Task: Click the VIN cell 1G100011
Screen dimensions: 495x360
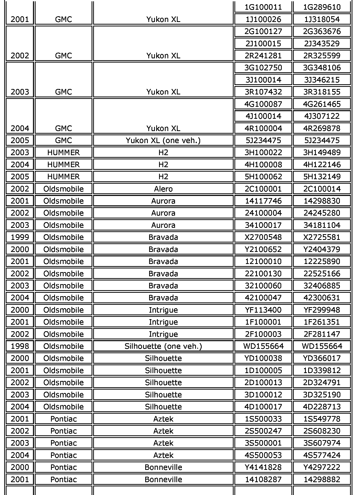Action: click(263, 7)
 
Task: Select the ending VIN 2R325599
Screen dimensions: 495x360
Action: click(322, 55)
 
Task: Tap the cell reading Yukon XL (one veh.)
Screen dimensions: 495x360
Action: click(163, 140)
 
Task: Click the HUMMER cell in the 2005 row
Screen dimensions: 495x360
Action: click(63, 177)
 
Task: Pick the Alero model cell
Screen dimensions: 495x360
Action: click(163, 189)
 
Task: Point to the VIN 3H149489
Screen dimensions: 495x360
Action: click(322, 152)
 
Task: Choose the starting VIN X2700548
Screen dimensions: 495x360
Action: click(263, 237)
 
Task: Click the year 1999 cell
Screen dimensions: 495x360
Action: click(20, 237)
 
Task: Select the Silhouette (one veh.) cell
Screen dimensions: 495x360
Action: click(163, 346)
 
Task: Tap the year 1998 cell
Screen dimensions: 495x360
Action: click(20, 346)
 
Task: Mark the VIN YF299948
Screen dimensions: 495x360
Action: click(322, 310)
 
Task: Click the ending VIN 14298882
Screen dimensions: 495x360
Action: click(322, 479)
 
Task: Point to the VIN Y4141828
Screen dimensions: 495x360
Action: click(263, 467)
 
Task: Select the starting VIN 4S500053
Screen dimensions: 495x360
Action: click(263, 455)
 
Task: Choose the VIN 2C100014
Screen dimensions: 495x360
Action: click(322, 189)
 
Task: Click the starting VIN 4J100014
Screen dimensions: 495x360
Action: click(263, 116)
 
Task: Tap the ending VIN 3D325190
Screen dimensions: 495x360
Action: click(322, 395)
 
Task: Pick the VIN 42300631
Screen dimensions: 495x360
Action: click(322, 297)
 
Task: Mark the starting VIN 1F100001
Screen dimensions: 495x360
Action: click(263, 322)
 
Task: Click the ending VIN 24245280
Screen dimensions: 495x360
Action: click(322, 213)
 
